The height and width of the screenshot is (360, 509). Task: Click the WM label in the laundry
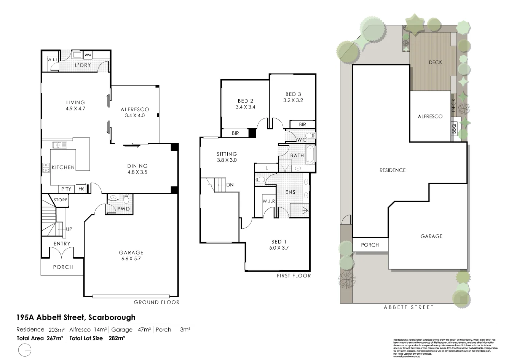[x=87, y=55]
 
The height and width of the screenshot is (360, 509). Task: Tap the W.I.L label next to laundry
[x=52, y=60]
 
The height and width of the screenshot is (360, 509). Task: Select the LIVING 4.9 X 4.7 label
[x=75, y=105]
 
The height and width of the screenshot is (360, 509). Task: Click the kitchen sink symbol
[x=60, y=145]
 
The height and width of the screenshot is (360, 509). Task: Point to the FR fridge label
[x=81, y=189]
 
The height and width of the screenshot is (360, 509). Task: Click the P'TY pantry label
[x=66, y=189]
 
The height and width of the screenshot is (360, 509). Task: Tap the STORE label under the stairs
[x=61, y=200]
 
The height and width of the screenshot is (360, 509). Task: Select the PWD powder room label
[x=123, y=209]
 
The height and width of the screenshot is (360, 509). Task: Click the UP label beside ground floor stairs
[x=69, y=229]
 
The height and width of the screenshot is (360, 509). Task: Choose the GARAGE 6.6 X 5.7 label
[x=131, y=255]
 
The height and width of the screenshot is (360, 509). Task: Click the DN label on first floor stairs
[x=230, y=185]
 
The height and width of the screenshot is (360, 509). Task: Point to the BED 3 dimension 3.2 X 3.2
[x=293, y=100]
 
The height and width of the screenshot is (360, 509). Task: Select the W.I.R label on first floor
[x=269, y=201]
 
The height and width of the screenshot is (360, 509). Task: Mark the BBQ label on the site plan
[x=454, y=129]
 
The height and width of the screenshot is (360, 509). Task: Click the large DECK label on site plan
[x=435, y=62]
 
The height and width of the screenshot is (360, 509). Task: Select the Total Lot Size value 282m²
[x=117, y=338]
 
